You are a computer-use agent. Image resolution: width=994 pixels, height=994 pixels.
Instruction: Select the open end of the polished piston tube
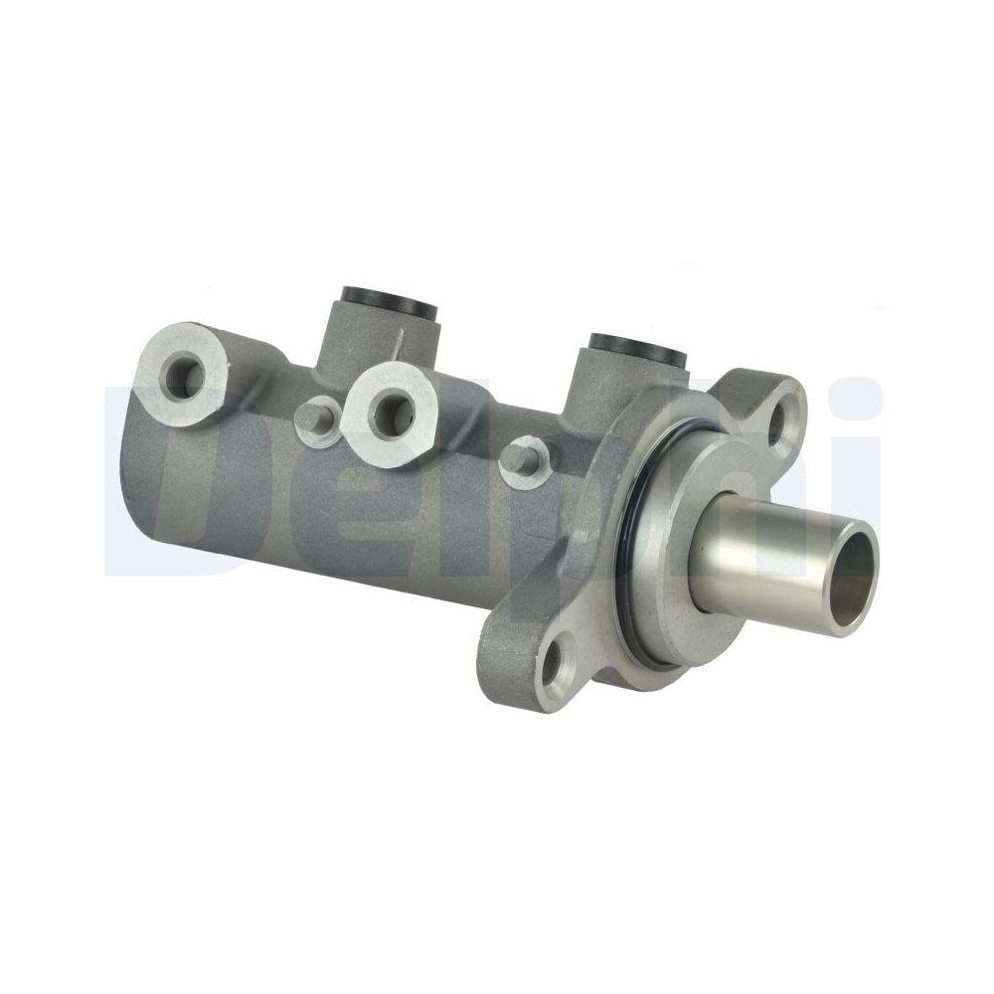point(853,578)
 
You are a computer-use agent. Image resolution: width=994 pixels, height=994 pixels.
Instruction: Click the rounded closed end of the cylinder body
point(149,467)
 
